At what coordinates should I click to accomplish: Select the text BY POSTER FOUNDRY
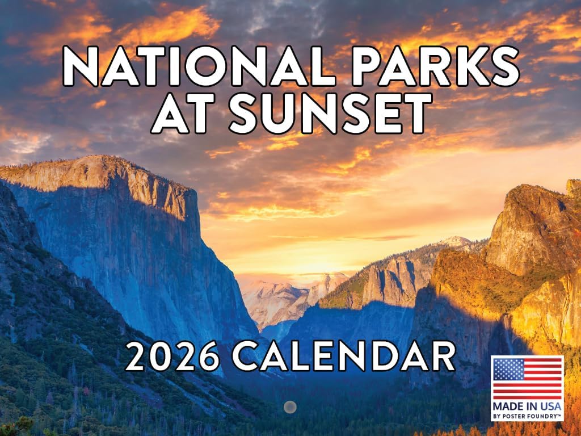click(x=527, y=416)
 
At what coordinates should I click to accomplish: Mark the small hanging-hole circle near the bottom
click(x=290, y=406)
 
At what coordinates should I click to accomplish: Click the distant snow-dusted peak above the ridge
click(x=457, y=241)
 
